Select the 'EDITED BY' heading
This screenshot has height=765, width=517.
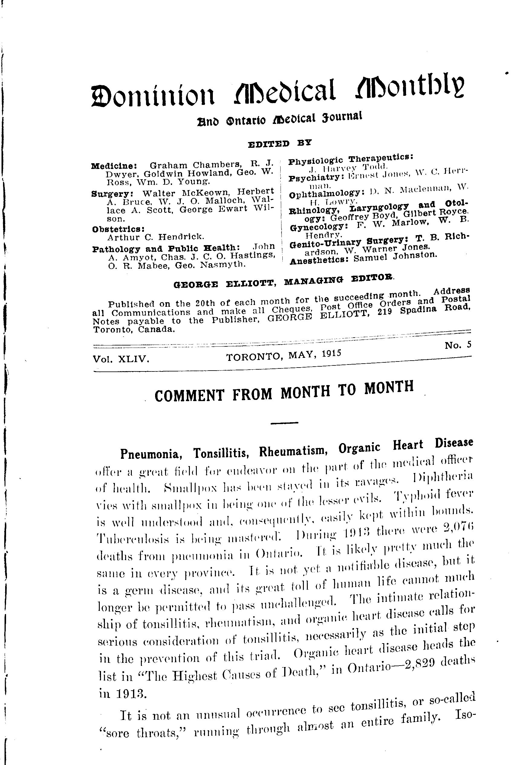click(279, 144)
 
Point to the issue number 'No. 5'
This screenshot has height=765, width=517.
click(458, 345)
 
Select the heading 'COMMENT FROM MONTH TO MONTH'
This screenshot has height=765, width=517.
click(284, 392)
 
